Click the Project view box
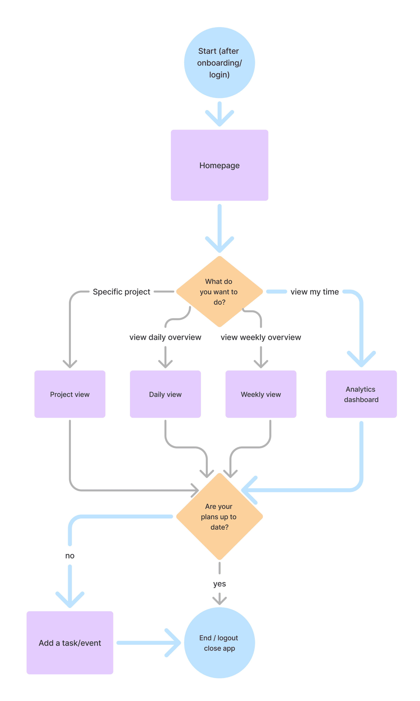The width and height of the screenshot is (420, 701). [x=70, y=394]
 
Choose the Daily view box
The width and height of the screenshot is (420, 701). [x=165, y=394]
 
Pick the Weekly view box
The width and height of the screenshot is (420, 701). [x=261, y=394]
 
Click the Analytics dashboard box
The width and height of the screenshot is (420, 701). [x=361, y=394]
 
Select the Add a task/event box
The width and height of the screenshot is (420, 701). [x=70, y=643]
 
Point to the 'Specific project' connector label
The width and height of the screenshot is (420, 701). [x=121, y=292]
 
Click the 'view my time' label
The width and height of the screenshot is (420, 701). [x=315, y=292]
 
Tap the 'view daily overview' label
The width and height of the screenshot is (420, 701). [x=165, y=337]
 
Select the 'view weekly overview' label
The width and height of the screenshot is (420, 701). [x=261, y=337]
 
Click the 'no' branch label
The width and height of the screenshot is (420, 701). [x=70, y=556]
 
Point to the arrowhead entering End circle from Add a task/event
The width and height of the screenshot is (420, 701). [x=173, y=643]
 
